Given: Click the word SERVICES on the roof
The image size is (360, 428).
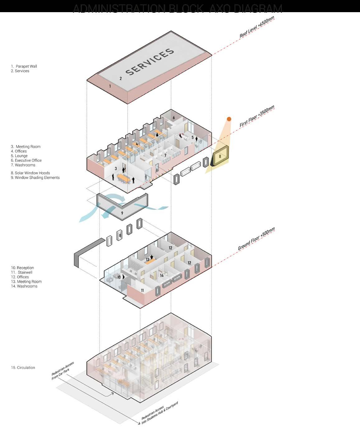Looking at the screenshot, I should (150, 62).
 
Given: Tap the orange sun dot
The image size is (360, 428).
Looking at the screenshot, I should (229, 119).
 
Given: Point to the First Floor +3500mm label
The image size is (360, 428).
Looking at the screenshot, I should (257, 116).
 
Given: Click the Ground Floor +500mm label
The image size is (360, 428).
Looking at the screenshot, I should (256, 239).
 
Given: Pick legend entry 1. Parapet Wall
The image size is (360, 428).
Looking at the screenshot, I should (24, 66).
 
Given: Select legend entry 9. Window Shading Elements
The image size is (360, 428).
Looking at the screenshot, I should (35, 177).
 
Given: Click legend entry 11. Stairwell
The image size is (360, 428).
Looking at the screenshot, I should (21, 272).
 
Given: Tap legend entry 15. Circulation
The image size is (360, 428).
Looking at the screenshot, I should (23, 368).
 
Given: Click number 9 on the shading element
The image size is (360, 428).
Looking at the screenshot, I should (122, 213).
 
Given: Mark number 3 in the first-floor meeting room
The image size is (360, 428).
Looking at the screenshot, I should (116, 169).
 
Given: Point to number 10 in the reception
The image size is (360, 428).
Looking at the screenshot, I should (119, 277).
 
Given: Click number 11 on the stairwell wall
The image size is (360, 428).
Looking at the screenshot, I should (142, 290).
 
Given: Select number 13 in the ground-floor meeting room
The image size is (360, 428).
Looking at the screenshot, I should (148, 259).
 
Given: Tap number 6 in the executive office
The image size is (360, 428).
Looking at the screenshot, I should (174, 118).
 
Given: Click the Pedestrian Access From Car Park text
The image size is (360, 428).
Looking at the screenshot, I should (63, 371).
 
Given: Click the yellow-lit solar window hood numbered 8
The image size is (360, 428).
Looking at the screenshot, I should (220, 156).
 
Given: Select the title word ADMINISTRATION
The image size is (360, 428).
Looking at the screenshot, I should (119, 8).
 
